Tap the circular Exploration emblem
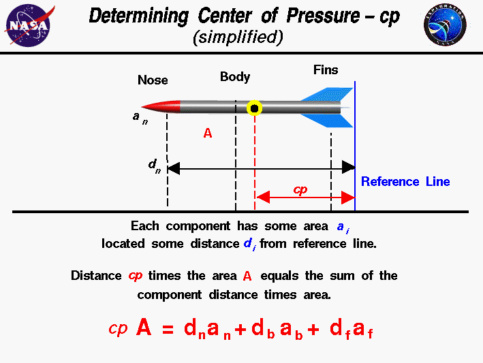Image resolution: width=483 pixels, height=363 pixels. click(445, 25)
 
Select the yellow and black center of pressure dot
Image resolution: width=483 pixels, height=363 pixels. click(255, 108)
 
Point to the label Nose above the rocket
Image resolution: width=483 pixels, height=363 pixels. click(153, 80)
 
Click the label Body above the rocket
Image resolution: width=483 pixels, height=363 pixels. click(235, 77)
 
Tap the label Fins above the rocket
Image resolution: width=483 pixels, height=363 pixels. click(326, 70)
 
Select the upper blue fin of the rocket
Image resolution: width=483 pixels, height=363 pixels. click(330, 95)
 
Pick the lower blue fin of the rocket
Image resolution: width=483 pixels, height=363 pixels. click(330, 120)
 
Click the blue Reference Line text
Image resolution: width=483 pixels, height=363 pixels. click(405, 182)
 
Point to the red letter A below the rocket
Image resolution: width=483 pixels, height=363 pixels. click(208, 134)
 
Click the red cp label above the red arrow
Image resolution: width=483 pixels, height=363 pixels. click(300, 189)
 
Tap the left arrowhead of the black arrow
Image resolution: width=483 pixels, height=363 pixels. click(173, 167)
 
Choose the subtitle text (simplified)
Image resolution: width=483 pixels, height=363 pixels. click(237, 38)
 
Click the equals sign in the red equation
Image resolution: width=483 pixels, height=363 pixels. click(168, 330)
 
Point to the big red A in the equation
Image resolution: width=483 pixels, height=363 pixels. click(143, 328)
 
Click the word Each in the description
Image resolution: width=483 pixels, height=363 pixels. click(144, 226)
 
